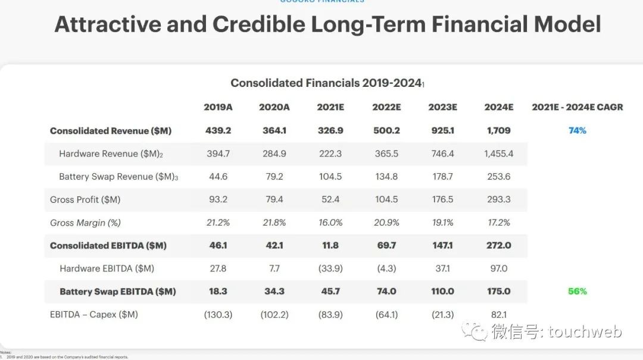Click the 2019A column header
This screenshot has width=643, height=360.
tap(218, 107)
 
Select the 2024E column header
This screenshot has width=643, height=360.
tap(499, 107)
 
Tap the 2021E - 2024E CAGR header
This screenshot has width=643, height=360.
tap(577, 107)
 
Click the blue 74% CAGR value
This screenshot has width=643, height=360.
tap(577, 130)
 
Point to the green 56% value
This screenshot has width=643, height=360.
tap(577, 291)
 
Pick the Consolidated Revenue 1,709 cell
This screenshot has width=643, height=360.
tap(498, 130)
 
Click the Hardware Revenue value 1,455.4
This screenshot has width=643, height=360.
tap(498, 154)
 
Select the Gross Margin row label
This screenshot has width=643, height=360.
tap(85, 223)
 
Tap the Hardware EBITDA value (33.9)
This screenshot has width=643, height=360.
tap(330, 268)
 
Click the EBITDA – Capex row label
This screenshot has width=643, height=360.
tap(93, 314)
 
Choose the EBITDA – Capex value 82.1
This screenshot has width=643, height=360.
tap(498, 314)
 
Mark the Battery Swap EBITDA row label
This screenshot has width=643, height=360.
tap(117, 292)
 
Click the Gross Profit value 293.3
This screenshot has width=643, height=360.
tap(498, 199)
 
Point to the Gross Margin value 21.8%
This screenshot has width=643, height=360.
tap(274, 223)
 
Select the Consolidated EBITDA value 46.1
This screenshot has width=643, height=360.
tap(218, 245)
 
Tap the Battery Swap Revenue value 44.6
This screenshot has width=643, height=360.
tap(218, 177)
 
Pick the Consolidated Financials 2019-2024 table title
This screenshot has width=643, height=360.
tap(327, 83)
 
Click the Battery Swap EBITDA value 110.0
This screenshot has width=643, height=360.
tap(442, 292)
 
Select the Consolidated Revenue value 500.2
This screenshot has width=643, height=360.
tap(386, 130)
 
